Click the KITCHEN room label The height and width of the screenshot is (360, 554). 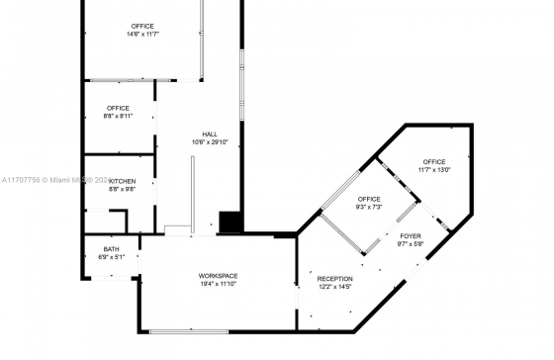coord(123,181)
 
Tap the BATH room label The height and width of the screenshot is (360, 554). coord(111,249)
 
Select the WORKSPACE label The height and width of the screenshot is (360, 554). coord(218,276)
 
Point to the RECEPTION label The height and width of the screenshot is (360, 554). coord(335,279)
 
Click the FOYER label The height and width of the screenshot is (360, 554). coord(411,236)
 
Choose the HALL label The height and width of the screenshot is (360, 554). coord(210,135)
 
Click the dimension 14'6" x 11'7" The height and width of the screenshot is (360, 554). coord(142,35)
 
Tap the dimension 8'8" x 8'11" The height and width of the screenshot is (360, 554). coord(118,117)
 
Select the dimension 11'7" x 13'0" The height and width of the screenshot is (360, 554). coord(434,170)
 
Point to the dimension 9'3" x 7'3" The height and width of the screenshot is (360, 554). coord(369,207)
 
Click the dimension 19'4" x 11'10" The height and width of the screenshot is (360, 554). coord(218,284)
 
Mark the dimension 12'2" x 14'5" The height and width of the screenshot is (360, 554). coord(335,287)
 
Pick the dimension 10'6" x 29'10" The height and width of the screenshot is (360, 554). coord(210,142)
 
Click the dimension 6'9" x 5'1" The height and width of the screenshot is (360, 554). coord(111,257)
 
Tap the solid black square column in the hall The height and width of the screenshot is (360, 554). coord(231,223)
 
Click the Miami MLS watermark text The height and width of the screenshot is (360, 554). coord(56,180)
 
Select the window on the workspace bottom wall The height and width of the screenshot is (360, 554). coord(189,331)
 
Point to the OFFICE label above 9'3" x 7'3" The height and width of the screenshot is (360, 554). coord(369,199)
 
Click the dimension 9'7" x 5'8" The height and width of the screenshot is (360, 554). coord(411,243)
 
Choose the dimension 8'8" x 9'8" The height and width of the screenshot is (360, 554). coord(123,189)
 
